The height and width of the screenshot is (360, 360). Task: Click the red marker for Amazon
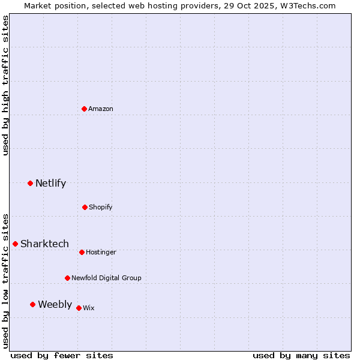tap(85, 109)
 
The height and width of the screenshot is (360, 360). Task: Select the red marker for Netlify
tap(30, 183)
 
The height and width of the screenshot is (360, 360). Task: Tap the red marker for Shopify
tap(85, 207)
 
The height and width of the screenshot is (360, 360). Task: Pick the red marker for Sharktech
tap(15, 244)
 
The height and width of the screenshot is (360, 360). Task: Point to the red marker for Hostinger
tap(82, 252)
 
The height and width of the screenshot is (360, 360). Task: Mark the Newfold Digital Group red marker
tap(67, 278)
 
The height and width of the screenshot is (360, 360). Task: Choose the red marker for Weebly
tap(32, 304)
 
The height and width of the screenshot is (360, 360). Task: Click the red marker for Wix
tap(79, 308)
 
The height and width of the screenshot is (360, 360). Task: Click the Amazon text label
tap(101, 109)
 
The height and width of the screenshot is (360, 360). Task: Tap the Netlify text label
tap(50, 184)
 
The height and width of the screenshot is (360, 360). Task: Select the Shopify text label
tap(101, 208)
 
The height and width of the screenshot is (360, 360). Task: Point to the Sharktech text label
tap(44, 244)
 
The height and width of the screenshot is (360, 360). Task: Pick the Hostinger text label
tap(101, 253)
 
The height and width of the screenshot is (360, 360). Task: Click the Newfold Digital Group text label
tap(106, 278)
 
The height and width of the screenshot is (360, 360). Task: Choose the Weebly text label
tap(55, 305)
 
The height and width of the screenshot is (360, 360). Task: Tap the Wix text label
tap(89, 308)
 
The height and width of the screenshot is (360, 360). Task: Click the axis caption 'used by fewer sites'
tap(62, 355)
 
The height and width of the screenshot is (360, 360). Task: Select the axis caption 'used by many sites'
tap(301, 355)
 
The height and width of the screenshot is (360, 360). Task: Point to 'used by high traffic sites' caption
tap(5, 85)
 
